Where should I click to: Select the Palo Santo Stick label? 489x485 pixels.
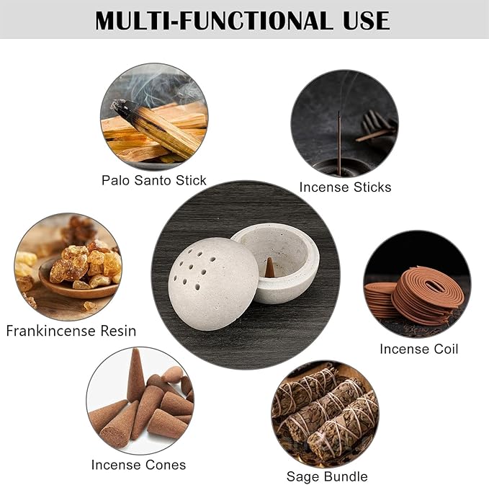tap(153, 180)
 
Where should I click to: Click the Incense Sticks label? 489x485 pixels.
tap(345, 187)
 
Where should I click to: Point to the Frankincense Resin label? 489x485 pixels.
tap(71, 331)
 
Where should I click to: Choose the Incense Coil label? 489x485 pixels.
tap(418, 349)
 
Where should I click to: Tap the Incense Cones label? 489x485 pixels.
tap(138, 464)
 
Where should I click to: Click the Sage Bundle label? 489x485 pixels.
tap(327, 476)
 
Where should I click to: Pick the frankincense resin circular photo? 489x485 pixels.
tap(68, 266)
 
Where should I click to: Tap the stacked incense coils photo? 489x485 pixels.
tap(417, 284)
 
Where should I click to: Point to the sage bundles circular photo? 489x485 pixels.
tap(326, 414)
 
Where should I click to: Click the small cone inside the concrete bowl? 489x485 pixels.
tap(269, 267)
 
